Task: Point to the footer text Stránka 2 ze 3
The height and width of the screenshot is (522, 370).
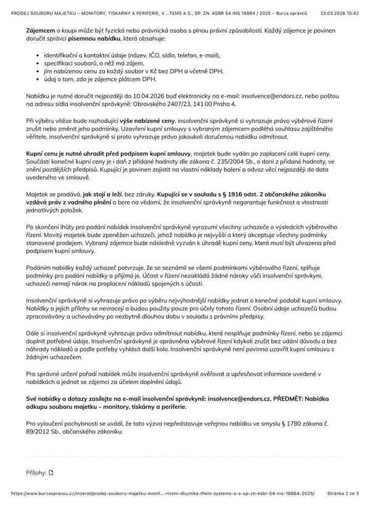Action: [345, 510]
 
